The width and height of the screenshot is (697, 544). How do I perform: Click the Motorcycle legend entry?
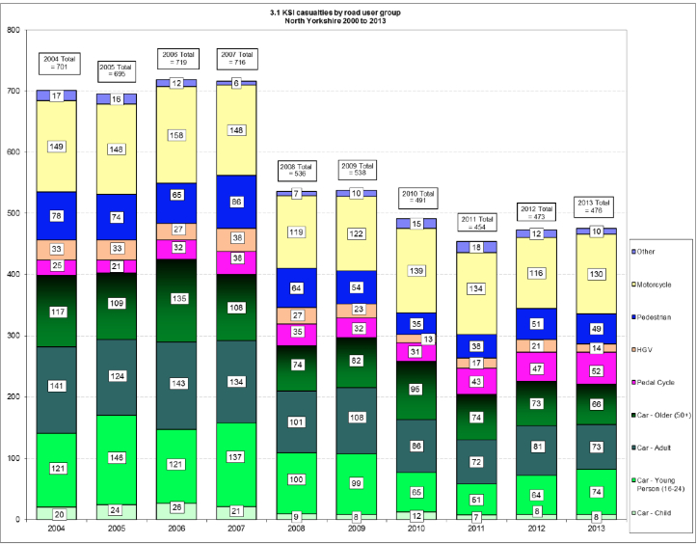click(661, 285)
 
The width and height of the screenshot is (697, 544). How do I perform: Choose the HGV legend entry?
click(653, 349)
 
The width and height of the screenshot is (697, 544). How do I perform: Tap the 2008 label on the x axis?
click(296, 529)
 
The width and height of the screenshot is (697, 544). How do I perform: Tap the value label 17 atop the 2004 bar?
click(57, 95)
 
